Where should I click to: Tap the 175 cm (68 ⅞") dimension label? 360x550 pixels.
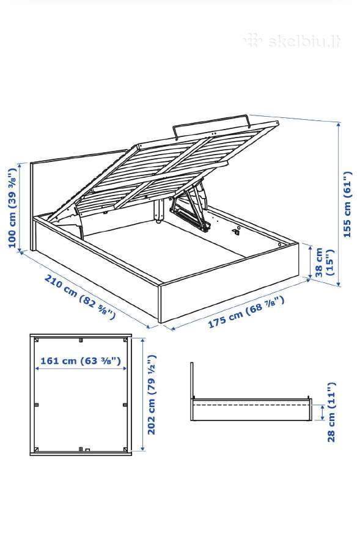click(246, 312)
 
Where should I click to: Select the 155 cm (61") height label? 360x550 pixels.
click(347, 204)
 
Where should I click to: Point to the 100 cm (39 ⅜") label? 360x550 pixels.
click(13, 208)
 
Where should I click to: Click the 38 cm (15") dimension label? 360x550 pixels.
click(324, 262)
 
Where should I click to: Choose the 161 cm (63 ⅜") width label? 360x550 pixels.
click(81, 361)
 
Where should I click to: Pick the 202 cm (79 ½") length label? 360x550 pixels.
click(152, 395)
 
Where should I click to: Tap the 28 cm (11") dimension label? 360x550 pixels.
click(331, 412)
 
